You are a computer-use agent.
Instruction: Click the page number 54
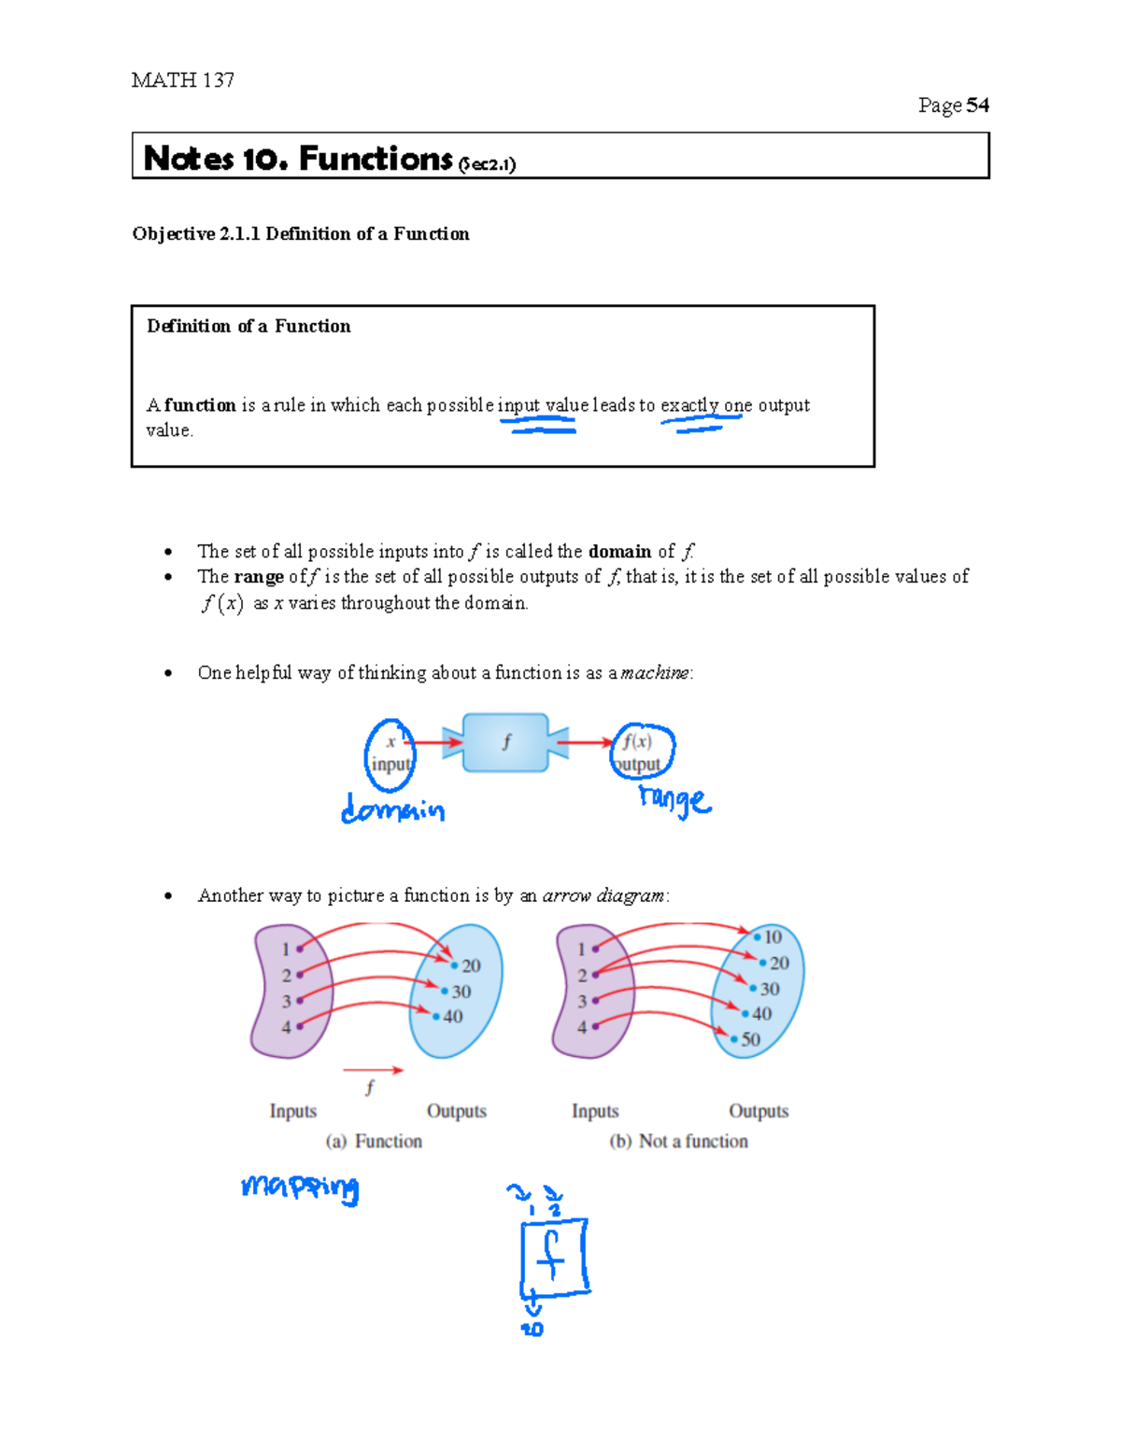(977, 106)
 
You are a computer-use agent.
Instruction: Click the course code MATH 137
(182, 80)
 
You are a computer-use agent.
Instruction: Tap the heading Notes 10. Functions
(298, 159)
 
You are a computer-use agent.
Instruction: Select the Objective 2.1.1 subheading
(300, 233)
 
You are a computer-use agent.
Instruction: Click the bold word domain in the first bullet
(619, 551)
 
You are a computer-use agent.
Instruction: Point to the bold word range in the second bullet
(259, 576)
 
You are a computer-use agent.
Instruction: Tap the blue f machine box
(505, 743)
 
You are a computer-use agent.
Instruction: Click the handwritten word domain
(392, 809)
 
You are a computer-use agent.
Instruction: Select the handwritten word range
(674, 799)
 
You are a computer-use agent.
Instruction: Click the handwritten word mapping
(300, 1187)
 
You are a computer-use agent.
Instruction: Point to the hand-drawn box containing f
(554, 1257)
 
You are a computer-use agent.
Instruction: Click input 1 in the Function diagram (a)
(287, 949)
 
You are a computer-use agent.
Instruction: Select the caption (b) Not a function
(678, 1141)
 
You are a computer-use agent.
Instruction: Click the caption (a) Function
(374, 1141)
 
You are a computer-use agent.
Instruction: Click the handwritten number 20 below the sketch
(532, 1329)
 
